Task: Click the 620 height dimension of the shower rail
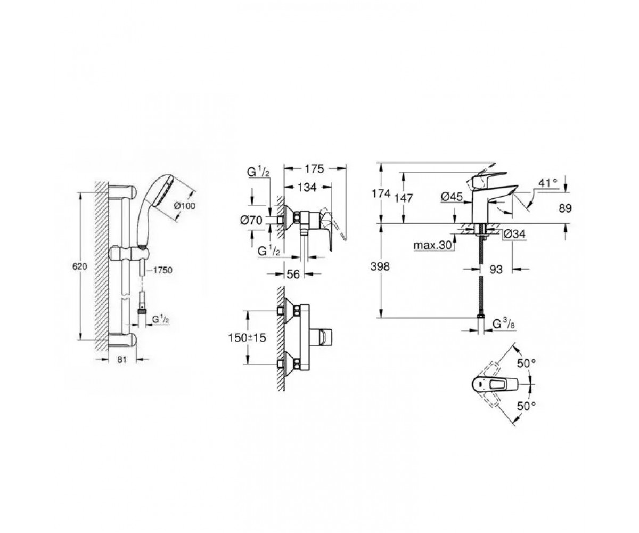coord(79,266)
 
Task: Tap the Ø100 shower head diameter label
coord(185,206)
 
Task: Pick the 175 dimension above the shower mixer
coord(315,169)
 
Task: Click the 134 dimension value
coord(307,188)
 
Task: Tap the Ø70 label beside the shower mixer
coord(251,220)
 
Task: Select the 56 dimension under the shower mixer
coord(293,274)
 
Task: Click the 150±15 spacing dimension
coord(247,337)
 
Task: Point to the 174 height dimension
coord(381,193)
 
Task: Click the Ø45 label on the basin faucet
coord(452,197)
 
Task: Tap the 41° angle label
coord(548,183)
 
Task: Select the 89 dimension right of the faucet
coord(565,208)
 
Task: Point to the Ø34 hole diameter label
coord(514,235)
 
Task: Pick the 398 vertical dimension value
coord(380,267)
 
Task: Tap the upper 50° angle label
coord(527,364)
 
